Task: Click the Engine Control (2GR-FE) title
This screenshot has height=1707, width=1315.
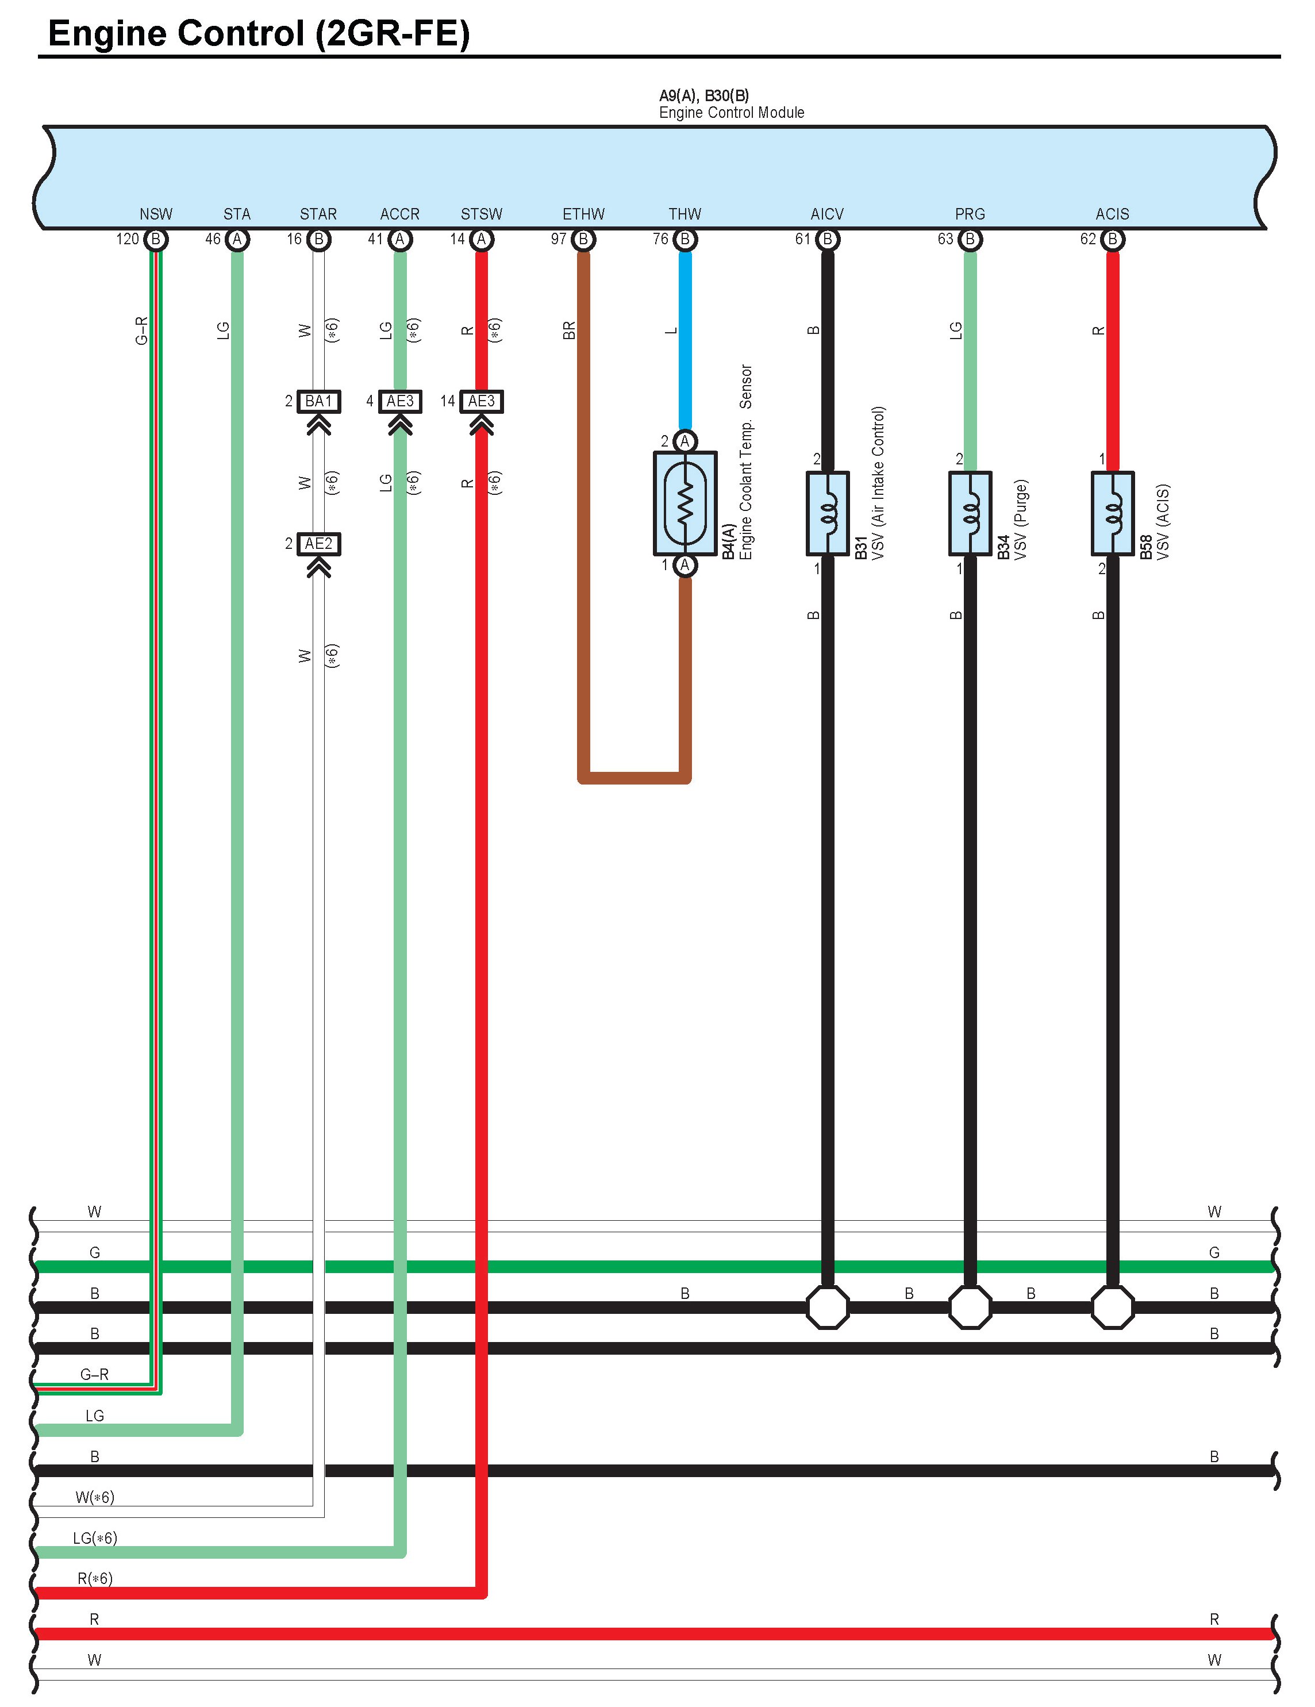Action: point(259,33)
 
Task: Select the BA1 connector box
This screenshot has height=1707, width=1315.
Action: point(318,402)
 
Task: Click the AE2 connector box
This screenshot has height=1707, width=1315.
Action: point(318,544)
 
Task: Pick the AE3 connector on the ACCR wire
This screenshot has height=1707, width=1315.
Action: point(399,402)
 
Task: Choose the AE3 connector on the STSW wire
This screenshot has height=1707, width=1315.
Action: point(481,402)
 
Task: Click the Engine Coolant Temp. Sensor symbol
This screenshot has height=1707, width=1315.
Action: point(685,503)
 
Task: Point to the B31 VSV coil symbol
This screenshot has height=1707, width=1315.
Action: point(827,513)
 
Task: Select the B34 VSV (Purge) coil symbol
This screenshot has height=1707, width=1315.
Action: point(970,513)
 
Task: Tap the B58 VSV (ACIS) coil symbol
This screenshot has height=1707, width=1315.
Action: point(1112,513)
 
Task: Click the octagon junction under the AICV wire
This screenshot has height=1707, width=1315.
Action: point(827,1307)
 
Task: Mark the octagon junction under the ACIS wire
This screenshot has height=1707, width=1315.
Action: point(1112,1307)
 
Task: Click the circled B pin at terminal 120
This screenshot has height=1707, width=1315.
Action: point(156,239)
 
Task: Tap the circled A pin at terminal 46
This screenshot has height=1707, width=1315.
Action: point(237,239)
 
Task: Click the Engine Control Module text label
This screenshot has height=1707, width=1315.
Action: point(731,113)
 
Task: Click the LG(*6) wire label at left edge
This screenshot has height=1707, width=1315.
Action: point(95,1538)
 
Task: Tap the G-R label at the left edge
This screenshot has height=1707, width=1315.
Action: point(95,1374)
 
